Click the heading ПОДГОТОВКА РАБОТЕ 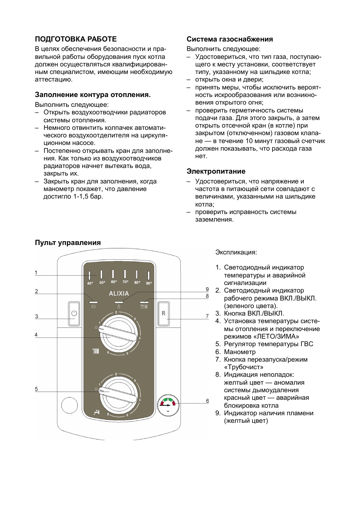[x=76, y=39]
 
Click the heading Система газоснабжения [x=229, y=39]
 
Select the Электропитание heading [x=216, y=171]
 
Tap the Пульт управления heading [x=68, y=243]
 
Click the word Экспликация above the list [x=236, y=252]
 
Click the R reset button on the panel [x=163, y=313]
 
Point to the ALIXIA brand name [x=119, y=293]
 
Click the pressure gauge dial [x=168, y=405]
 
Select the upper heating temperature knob [x=118, y=332]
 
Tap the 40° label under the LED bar [x=90, y=283]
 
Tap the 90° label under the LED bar [x=149, y=283]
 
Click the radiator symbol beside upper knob [x=96, y=351]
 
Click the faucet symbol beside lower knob [x=97, y=412]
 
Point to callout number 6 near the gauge [x=207, y=401]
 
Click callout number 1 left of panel [x=36, y=273]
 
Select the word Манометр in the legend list [x=240, y=352]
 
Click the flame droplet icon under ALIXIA [x=119, y=307]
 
